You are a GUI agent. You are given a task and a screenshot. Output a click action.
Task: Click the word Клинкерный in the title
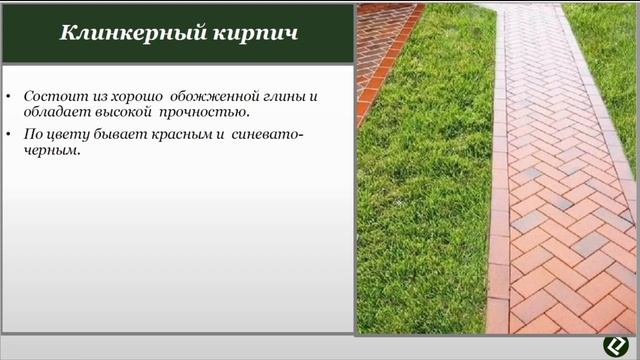pyautogui.click(x=113, y=33)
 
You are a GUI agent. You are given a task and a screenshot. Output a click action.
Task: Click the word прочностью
pyautogui.click(x=204, y=113)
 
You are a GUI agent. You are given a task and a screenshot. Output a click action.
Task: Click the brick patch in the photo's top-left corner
pyautogui.click(x=380, y=40)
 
